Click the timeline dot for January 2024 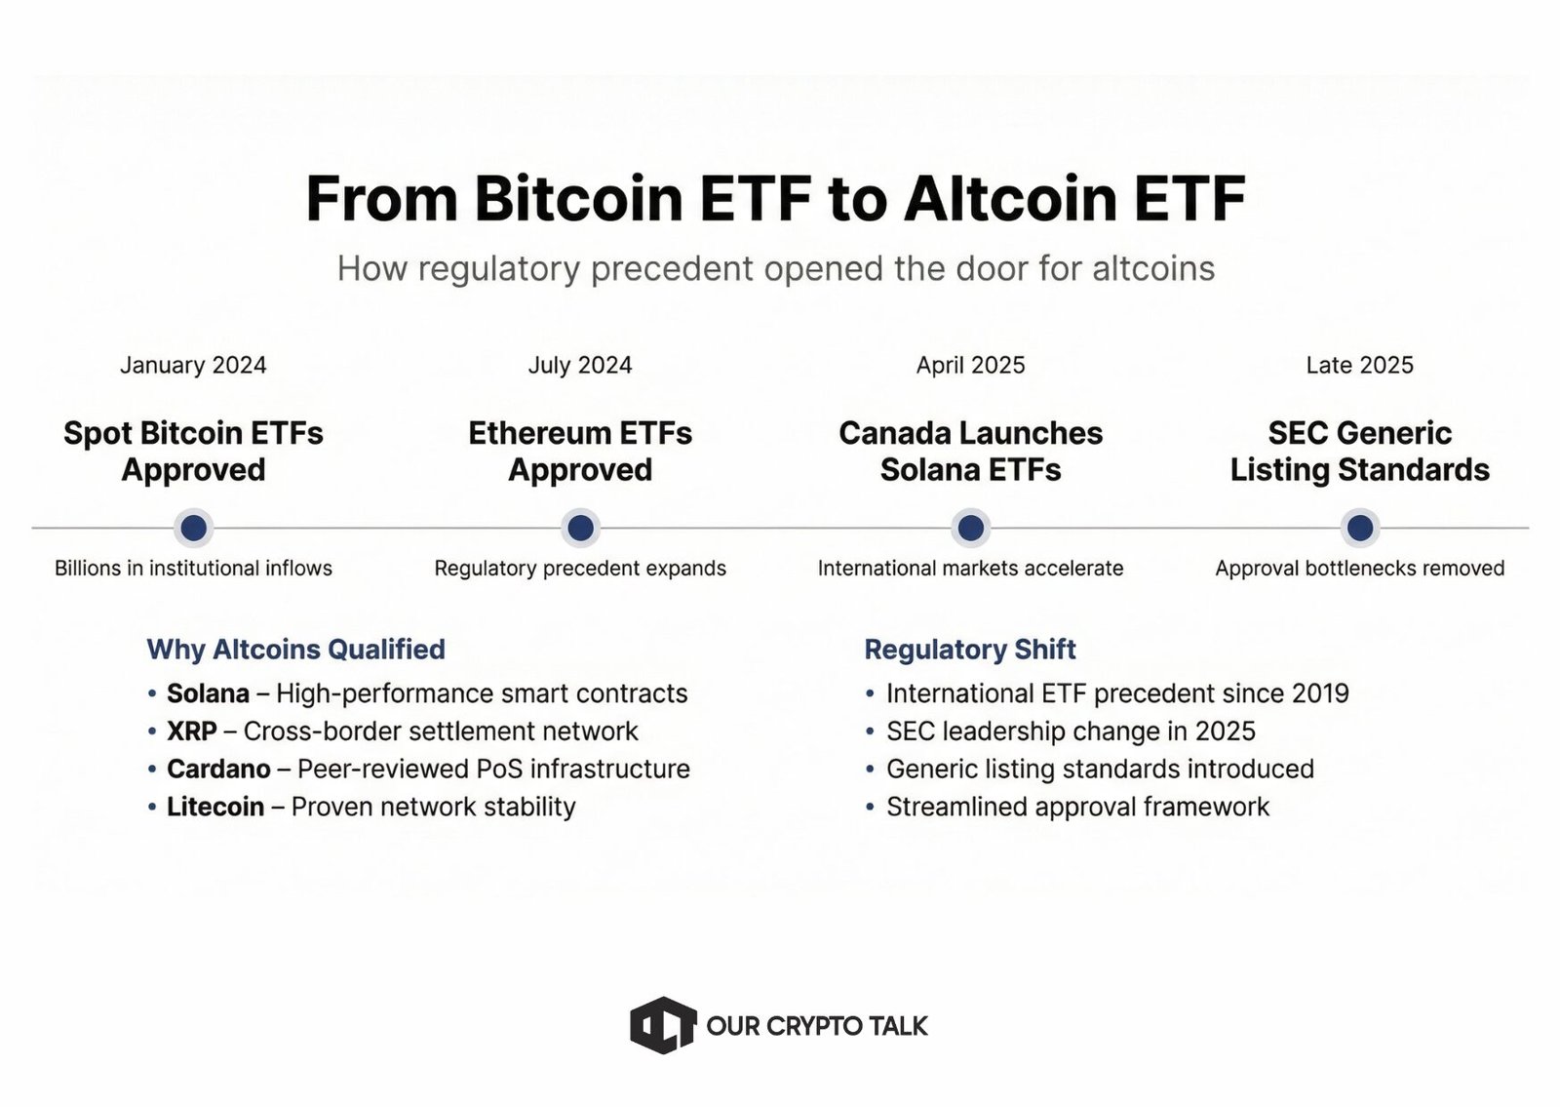(193, 528)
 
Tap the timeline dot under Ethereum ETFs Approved (580, 528)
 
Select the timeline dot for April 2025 (970, 528)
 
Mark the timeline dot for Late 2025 (1359, 528)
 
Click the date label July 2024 (580, 365)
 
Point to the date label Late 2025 (1359, 365)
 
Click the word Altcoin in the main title (1010, 199)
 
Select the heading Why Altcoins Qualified (295, 650)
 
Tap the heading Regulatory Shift (970, 650)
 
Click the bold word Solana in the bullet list (208, 693)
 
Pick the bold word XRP (191, 731)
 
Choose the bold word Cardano (218, 770)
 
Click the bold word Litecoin (214, 808)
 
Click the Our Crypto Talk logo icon (663, 1025)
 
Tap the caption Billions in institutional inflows (193, 569)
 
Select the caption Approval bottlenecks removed (1359, 569)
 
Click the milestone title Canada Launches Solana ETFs (970, 452)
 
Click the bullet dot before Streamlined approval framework (870, 808)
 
